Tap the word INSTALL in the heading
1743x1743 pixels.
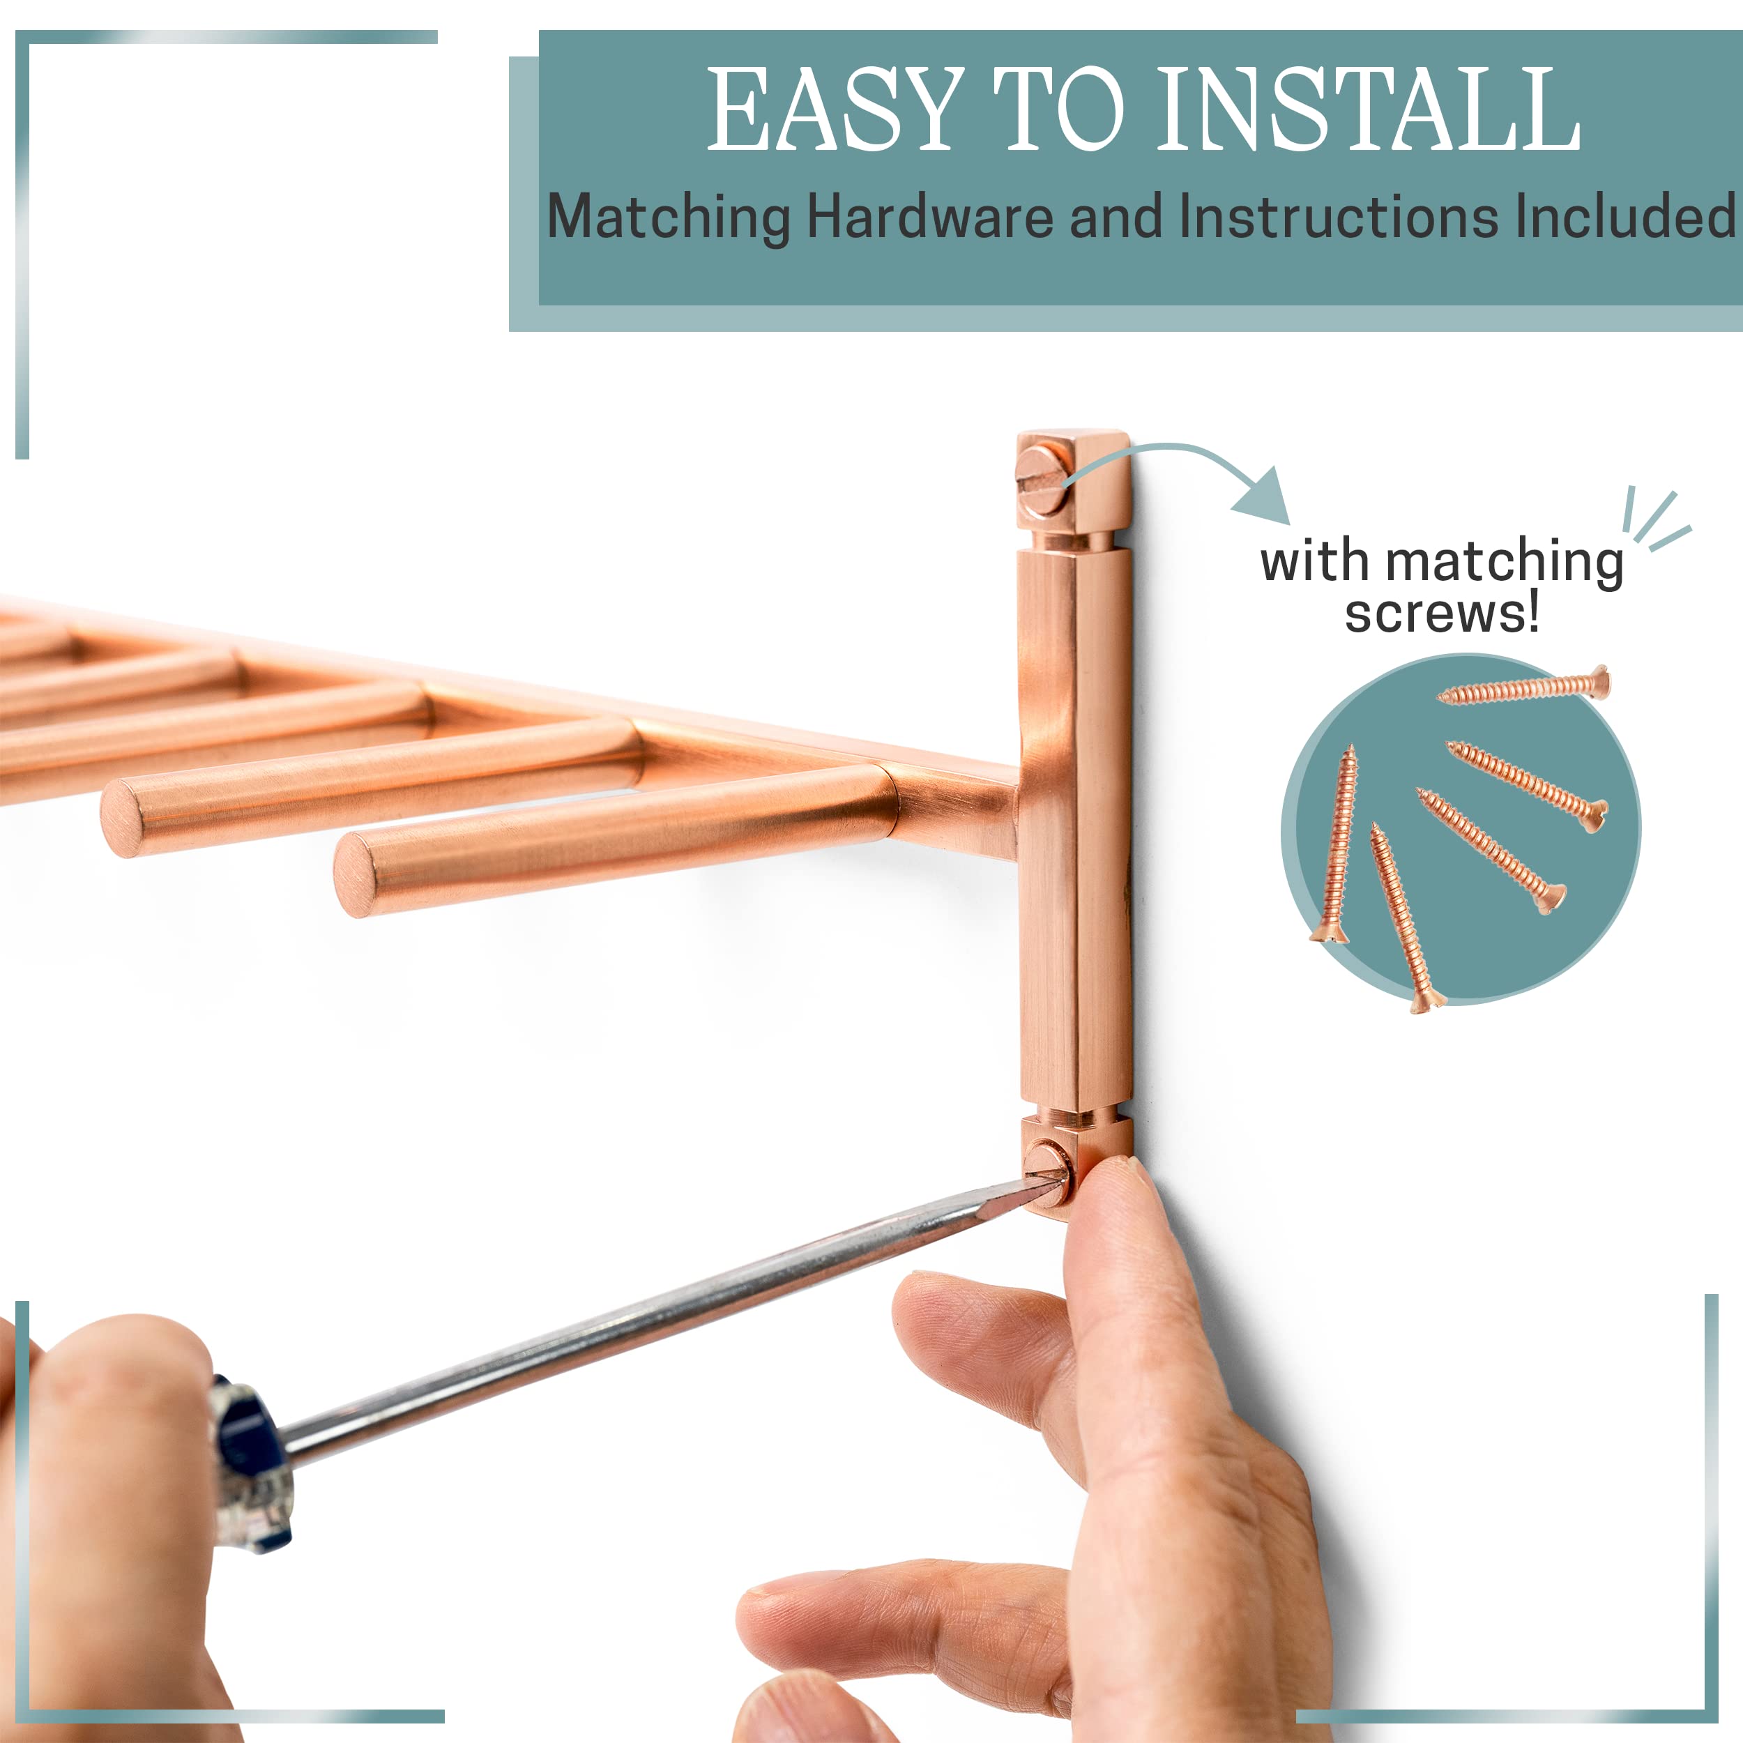point(1368,109)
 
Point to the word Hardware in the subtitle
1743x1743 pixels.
point(930,218)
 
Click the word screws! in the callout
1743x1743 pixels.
point(1442,614)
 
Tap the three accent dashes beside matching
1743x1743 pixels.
point(1654,519)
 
